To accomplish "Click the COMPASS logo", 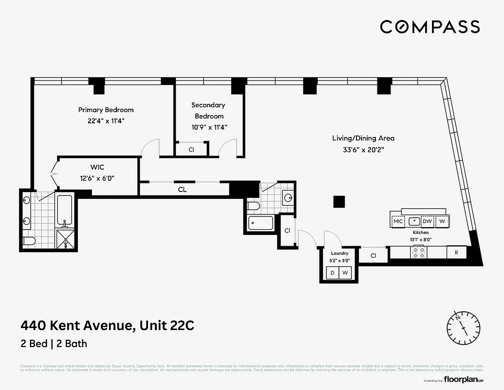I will [429, 26].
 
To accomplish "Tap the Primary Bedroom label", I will [106, 110].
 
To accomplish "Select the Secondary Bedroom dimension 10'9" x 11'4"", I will [209, 127].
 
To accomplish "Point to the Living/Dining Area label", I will [363, 138].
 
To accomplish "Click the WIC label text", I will [97, 167].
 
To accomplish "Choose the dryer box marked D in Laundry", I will [333, 273].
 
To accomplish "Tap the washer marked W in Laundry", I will [345, 273].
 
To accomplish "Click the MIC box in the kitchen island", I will [398, 221].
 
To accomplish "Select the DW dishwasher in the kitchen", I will [427, 221].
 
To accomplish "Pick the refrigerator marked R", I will [456, 253].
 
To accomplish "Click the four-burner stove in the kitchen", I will [419, 253].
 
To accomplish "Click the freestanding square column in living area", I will [339, 201].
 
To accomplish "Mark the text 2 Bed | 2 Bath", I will [54, 343].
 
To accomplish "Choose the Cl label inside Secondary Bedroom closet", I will [191, 150].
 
